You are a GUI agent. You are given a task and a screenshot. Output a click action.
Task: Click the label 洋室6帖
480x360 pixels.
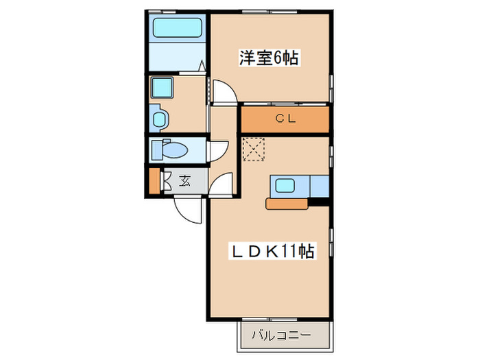[x=268, y=59]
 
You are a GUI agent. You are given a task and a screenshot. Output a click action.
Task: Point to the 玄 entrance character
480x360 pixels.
[x=185, y=181]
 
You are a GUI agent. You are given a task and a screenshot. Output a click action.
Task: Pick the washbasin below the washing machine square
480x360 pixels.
[x=159, y=119]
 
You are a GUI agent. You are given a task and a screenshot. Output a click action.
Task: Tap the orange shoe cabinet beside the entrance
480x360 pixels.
[x=154, y=180]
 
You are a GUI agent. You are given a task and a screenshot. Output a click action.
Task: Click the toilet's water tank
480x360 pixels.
[x=157, y=149]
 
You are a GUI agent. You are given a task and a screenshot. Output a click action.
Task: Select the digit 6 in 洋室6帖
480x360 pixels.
[x=277, y=59]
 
